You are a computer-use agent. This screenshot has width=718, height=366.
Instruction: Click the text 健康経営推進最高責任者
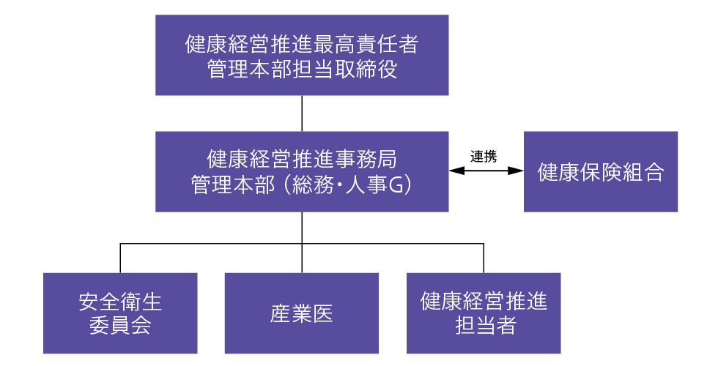[x=302, y=45]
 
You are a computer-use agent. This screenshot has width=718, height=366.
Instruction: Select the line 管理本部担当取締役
[x=302, y=69]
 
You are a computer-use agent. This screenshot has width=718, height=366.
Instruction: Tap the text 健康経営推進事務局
[x=302, y=160]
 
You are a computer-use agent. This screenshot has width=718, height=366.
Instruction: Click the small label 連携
[x=484, y=157]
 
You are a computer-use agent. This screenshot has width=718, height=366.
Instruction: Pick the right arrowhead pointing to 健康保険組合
[x=516, y=171]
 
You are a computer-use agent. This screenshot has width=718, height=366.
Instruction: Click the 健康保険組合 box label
[x=600, y=172]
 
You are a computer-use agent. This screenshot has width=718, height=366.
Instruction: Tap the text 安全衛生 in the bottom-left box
[x=120, y=302]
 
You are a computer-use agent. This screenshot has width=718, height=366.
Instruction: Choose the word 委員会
[x=120, y=326]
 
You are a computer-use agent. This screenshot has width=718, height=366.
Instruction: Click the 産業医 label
[x=301, y=314]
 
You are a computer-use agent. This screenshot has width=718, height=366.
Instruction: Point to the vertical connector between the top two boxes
[x=302, y=113]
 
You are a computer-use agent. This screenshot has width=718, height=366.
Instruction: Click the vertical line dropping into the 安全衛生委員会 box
[x=120, y=258]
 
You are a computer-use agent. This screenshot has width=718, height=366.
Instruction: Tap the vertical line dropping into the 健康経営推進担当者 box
[x=484, y=258]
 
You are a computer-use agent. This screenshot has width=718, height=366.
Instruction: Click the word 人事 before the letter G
[x=366, y=184]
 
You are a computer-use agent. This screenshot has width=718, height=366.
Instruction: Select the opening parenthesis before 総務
[x=286, y=184]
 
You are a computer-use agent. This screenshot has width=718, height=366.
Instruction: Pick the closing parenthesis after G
[x=407, y=184]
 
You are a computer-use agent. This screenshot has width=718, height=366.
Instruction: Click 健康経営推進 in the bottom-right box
[x=484, y=302]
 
